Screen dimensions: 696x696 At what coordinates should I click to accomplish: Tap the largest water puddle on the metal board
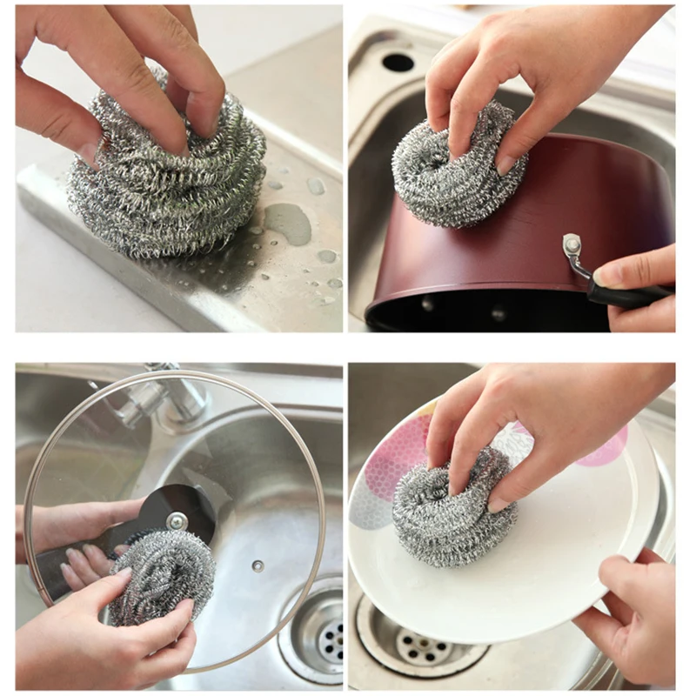[x=288, y=223]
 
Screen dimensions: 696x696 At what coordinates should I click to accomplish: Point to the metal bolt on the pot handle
[x=572, y=245]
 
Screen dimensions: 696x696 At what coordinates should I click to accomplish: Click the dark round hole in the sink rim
[x=398, y=62]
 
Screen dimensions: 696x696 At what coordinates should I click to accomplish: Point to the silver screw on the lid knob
[x=177, y=521]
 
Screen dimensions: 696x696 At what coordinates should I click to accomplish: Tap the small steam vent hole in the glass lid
[x=258, y=566]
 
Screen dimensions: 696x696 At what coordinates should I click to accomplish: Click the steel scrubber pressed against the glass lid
[x=161, y=574]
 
